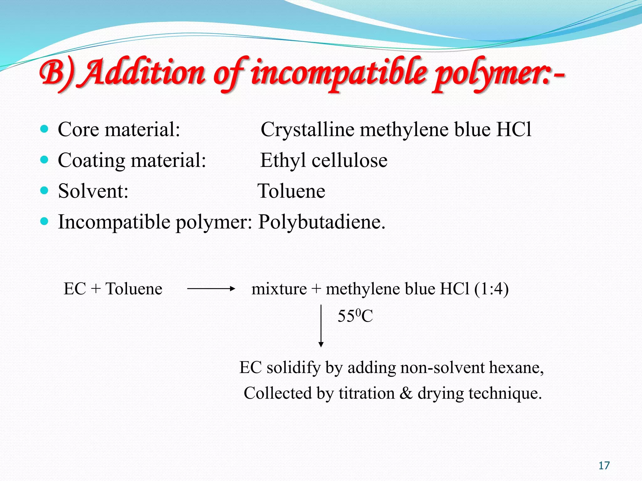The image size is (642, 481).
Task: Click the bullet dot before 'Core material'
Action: click(x=45, y=129)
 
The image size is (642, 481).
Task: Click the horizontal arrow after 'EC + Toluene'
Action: click(x=211, y=289)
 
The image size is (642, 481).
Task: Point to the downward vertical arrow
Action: click(x=321, y=326)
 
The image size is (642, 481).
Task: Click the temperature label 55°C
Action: click(x=355, y=316)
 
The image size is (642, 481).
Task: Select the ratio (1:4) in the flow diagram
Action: click(x=491, y=289)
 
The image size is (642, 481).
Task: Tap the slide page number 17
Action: click(x=604, y=466)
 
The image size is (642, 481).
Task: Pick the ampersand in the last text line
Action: click(x=406, y=393)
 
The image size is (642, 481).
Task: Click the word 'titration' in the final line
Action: click(x=366, y=393)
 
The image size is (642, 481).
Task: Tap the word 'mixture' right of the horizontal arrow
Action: click(x=279, y=289)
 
